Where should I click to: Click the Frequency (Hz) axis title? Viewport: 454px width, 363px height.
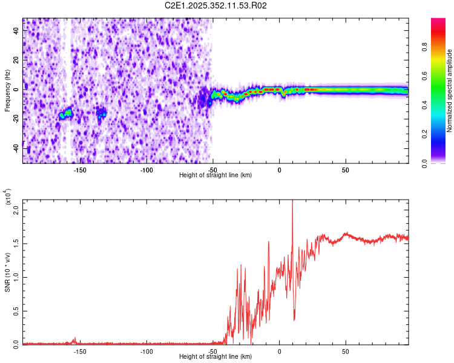click(7, 90)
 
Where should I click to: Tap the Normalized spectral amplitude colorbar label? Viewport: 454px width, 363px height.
click(450, 91)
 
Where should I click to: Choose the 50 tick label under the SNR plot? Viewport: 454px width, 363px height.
click(345, 351)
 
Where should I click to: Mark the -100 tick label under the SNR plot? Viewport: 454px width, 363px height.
click(146, 351)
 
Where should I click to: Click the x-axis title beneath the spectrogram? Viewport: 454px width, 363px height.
click(215, 175)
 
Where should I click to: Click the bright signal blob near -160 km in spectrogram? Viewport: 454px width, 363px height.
click(65, 113)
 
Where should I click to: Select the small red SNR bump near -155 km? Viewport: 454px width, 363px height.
click(74, 339)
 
